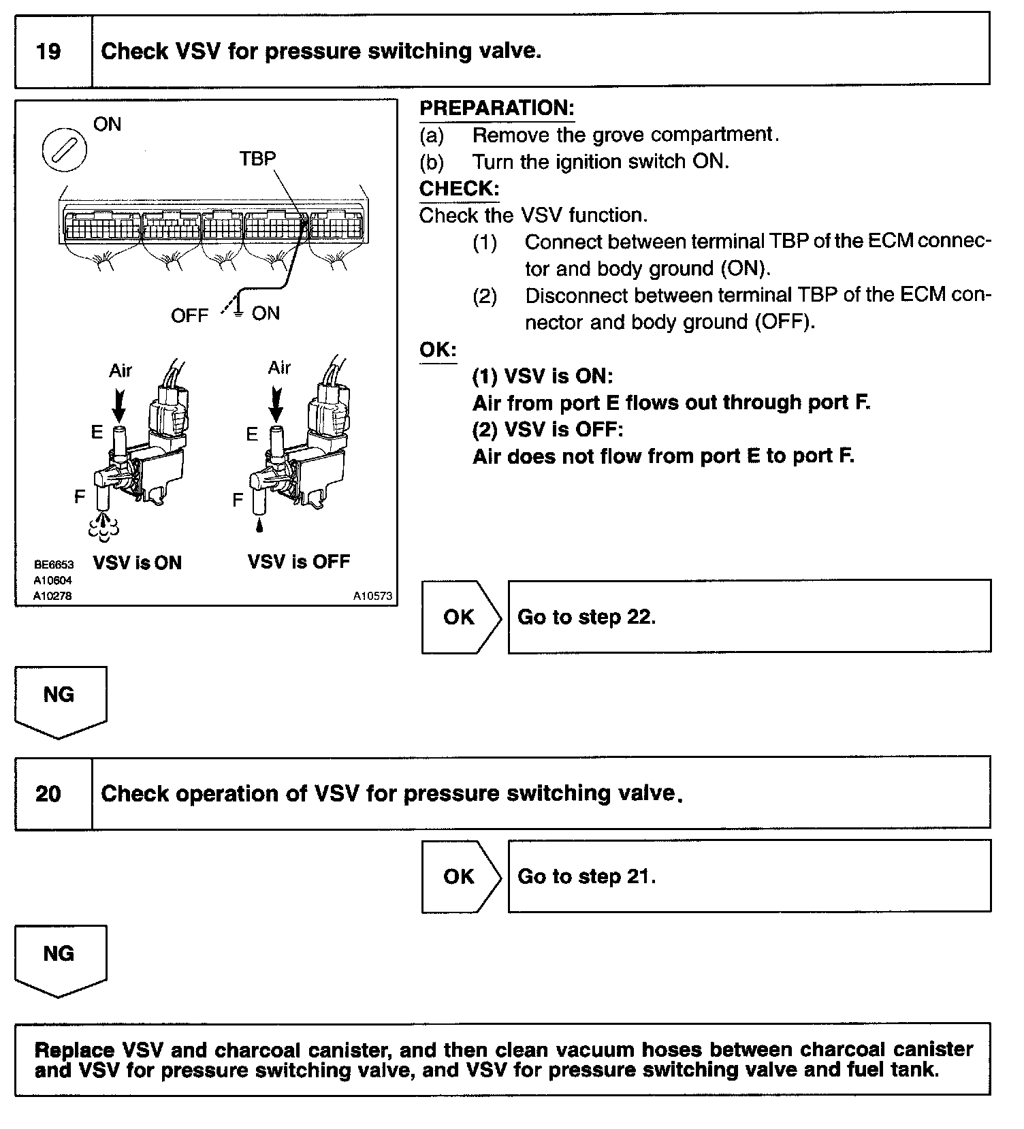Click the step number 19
(x=48, y=52)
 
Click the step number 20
(x=48, y=793)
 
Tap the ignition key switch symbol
(x=64, y=150)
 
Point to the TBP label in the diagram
(x=257, y=159)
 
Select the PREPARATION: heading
(x=496, y=108)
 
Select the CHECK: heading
(x=459, y=189)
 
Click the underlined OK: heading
(x=438, y=350)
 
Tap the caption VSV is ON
(x=137, y=562)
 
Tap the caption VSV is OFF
(x=298, y=562)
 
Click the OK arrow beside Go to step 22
(x=460, y=617)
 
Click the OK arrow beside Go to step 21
(x=460, y=876)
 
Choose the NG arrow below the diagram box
(x=60, y=699)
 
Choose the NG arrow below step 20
(x=60, y=958)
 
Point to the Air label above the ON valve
(x=120, y=370)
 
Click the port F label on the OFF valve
(x=238, y=500)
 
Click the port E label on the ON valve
(x=97, y=432)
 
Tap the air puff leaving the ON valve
(x=104, y=528)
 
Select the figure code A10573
(x=372, y=596)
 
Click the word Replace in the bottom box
(x=74, y=1049)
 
